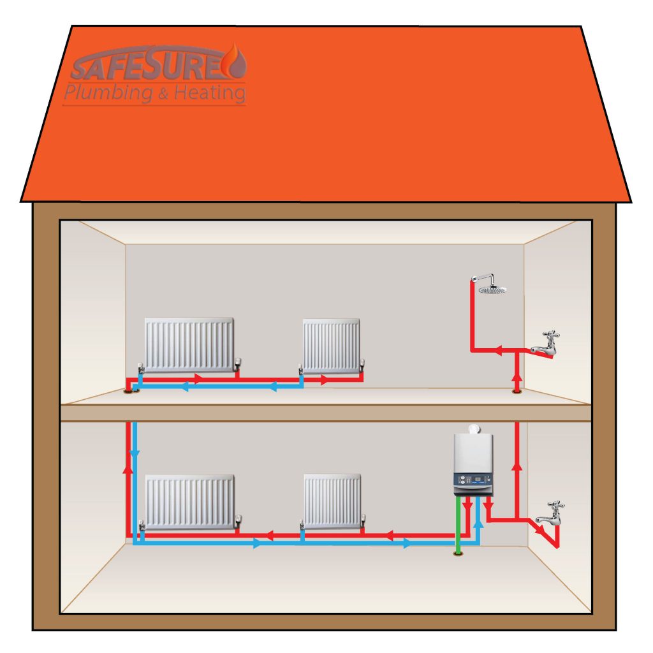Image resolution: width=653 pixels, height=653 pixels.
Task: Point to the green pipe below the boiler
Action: (458, 526)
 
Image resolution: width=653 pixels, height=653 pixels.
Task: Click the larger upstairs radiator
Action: (189, 345)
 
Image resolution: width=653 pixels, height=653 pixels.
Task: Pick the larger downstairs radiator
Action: (189, 501)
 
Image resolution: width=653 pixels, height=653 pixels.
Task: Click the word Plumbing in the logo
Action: (108, 93)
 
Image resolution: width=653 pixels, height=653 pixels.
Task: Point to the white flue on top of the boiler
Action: (473, 429)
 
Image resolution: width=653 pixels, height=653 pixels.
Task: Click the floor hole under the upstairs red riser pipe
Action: (517, 391)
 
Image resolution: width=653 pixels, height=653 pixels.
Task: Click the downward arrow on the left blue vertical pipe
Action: (135, 453)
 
